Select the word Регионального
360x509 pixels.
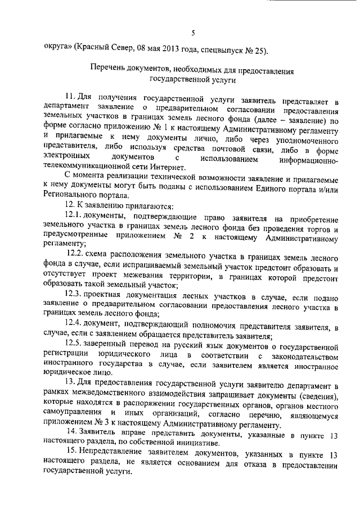pos(69,196)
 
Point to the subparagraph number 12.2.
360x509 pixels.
pos(75,256)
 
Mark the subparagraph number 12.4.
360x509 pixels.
pos(74,325)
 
